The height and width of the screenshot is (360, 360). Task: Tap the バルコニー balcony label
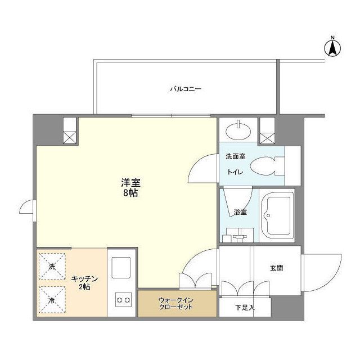(186, 89)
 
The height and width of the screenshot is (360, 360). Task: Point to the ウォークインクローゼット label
(176, 304)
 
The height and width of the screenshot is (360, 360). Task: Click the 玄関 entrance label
(276, 268)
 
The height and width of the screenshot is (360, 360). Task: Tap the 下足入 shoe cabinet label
(245, 307)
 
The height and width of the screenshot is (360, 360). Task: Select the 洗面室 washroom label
(235, 156)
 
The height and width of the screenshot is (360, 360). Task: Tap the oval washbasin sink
(238, 130)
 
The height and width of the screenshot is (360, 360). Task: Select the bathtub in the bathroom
(277, 215)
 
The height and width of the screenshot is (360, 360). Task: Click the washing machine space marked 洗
(52, 266)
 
